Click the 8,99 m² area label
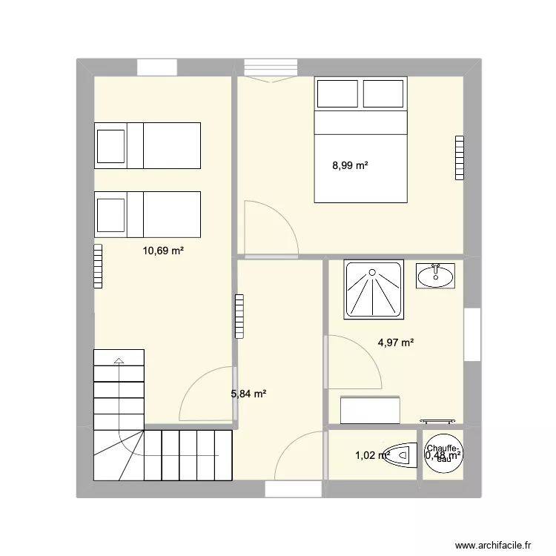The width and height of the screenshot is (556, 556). click(x=350, y=166)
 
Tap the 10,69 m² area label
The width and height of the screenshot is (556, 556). click(x=163, y=251)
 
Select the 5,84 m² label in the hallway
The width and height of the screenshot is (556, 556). click(x=248, y=394)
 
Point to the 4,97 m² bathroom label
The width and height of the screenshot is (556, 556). click(x=395, y=342)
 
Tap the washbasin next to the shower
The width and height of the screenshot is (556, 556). click(x=435, y=276)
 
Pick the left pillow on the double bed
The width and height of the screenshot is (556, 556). click(x=337, y=93)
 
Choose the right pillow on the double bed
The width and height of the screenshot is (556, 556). click(x=383, y=93)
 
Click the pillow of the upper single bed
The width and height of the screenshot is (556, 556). click(x=110, y=145)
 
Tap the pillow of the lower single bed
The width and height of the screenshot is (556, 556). click(x=110, y=214)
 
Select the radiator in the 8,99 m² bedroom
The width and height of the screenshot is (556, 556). click(x=459, y=157)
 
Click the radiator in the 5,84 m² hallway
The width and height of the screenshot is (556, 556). click(x=239, y=317)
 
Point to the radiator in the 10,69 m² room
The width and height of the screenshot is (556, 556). click(x=98, y=265)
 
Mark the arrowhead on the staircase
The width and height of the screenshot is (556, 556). click(x=119, y=362)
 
